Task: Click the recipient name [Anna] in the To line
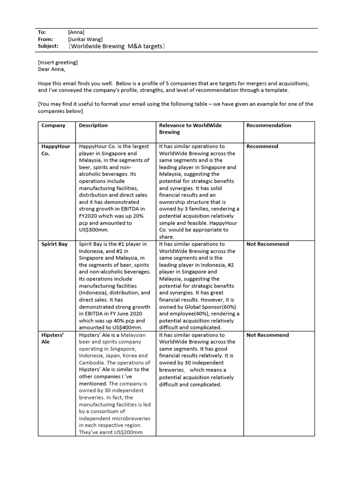click(76, 32)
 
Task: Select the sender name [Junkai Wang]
click(85, 39)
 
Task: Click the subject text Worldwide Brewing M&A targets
click(116, 46)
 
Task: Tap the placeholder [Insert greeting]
click(58, 62)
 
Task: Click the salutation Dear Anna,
click(52, 69)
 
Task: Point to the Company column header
click(53, 126)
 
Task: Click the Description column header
click(93, 126)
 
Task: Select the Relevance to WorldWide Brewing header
click(190, 129)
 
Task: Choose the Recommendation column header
click(269, 126)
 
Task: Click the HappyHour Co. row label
click(55, 150)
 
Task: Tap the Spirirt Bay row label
click(54, 244)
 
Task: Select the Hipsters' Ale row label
click(52, 338)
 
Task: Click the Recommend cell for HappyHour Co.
click(262, 146)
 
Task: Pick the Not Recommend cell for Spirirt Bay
click(268, 244)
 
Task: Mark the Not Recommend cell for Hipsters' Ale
click(268, 335)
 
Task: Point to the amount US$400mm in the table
click(125, 328)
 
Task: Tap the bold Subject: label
click(48, 46)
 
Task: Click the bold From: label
click(45, 39)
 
